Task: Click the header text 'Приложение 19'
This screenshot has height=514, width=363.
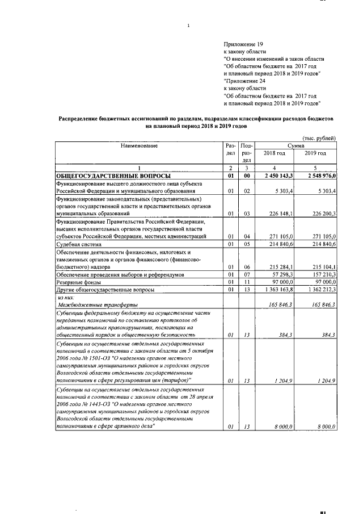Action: pos(244,44)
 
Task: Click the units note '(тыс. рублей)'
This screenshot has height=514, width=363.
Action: pos(319,138)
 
